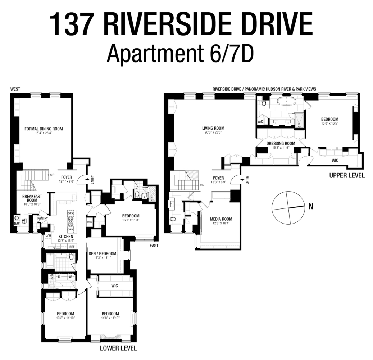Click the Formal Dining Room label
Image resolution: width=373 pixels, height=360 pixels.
[x=44, y=129]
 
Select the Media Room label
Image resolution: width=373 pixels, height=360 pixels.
[x=221, y=219]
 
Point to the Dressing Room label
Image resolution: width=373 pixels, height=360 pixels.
[x=281, y=143]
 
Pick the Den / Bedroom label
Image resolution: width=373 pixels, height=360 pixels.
[x=103, y=253]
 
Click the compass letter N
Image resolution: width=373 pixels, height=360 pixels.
[x=311, y=206]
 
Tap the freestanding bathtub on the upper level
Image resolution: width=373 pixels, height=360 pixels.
[x=287, y=102]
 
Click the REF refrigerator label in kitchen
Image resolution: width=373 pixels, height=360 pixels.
[x=72, y=247]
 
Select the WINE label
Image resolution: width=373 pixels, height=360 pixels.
[x=90, y=222]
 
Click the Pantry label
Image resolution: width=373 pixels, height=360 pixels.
[x=43, y=218]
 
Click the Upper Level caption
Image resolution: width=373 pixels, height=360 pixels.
[x=347, y=176]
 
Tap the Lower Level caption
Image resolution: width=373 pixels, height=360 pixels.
[x=118, y=348]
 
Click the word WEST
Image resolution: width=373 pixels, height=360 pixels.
[x=15, y=89]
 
